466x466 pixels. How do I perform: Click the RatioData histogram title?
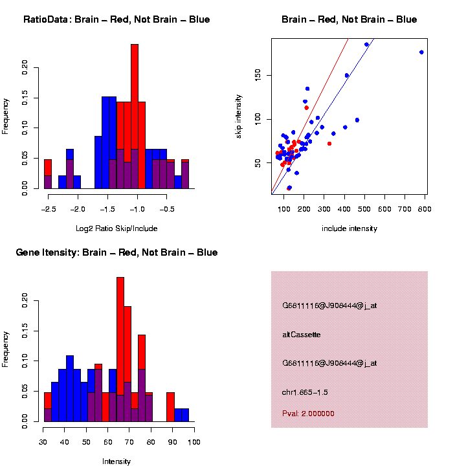(x=116, y=19)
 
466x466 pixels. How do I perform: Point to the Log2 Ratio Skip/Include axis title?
(x=116, y=228)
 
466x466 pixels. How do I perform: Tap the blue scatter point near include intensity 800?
(x=421, y=52)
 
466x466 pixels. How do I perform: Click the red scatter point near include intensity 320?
(x=329, y=144)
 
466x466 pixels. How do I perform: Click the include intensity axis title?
(x=349, y=228)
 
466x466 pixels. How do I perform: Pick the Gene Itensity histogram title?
(x=116, y=252)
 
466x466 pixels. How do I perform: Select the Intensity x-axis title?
(x=116, y=461)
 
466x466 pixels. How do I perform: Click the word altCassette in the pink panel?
(x=302, y=335)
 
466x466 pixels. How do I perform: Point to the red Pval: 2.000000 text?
(x=308, y=414)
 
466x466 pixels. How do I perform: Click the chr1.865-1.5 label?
(x=309, y=392)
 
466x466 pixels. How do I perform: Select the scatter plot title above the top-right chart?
(x=349, y=19)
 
